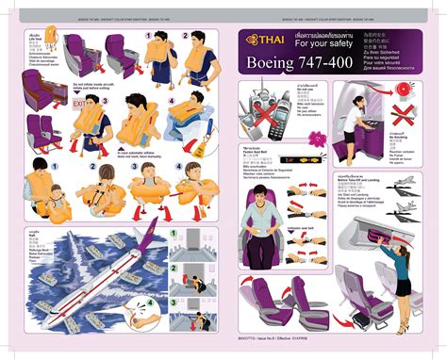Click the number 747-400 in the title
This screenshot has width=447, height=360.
point(310,63)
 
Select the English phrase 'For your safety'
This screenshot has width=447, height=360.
point(322,41)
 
